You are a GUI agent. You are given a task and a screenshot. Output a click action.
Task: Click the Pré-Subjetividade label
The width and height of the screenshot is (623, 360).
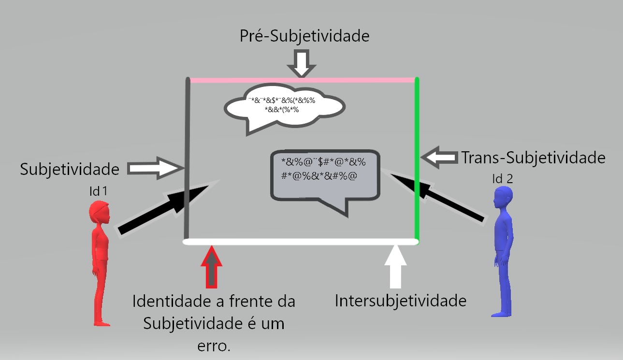click(304, 37)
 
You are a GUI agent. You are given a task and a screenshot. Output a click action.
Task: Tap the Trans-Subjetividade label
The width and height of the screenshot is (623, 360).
click(533, 158)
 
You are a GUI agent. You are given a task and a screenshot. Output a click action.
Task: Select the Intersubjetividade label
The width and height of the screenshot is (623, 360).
click(401, 301)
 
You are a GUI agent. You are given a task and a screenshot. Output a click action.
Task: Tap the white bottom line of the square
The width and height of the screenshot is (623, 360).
click(300, 241)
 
